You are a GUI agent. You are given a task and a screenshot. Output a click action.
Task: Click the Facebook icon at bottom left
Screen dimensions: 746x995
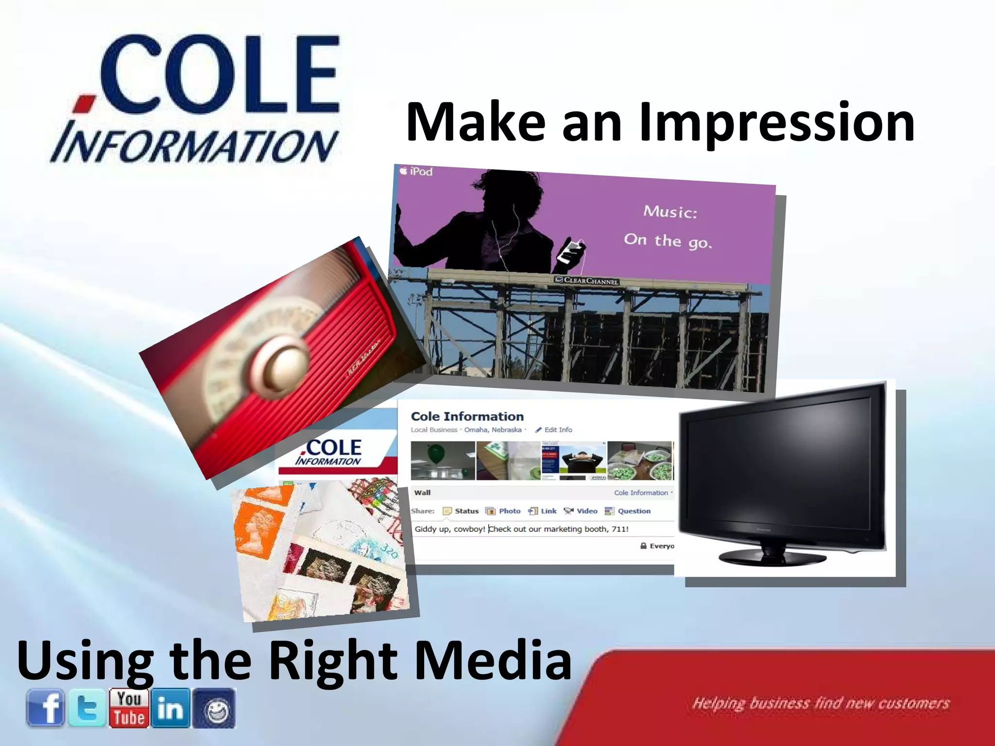45,708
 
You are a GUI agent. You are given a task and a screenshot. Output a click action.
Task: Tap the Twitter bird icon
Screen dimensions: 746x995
87,708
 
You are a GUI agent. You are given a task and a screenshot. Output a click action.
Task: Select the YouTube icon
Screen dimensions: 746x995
129,708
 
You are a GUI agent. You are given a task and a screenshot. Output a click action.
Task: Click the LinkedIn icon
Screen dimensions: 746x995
171,708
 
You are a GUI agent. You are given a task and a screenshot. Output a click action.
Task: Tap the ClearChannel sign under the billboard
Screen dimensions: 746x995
586,281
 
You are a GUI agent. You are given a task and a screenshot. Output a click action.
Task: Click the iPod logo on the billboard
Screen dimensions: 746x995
416,171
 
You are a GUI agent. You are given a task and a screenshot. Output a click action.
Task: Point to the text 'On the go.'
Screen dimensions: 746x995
668,240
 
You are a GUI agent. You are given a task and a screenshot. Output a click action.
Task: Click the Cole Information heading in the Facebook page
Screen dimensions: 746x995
467,416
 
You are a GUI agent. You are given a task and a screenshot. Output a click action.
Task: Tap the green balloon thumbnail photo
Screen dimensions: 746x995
442,460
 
